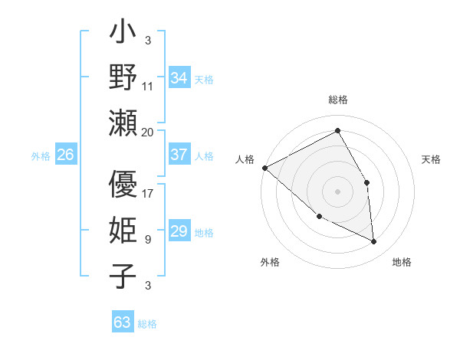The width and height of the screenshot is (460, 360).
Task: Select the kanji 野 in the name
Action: pyautogui.click(x=123, y=77)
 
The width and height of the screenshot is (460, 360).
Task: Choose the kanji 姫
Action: pyautogui.click(x=123, y=231)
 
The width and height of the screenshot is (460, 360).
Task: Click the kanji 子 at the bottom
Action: pyautogui.click(x=123, y=276)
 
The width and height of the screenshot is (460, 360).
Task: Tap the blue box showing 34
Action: pyautogui.click(x=179, y=77)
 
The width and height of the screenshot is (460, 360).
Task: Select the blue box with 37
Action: pyautogui.click(x=179, y=155)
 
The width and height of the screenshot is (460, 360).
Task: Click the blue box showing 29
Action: pyautogui.click(x=179, y=231)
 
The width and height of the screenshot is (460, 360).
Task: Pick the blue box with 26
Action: pyautogui.click(x=65, y=155)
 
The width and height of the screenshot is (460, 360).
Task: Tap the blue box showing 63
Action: pyautogui.click(x=122, y=322)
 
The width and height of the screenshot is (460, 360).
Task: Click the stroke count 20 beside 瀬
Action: pyautogui.click(x=147, y=132)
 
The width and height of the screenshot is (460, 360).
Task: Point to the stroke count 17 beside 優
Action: pyautogui.click(x=148, y=193)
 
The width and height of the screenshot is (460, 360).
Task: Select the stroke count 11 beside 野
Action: pyautogui.click(x=148, y=86)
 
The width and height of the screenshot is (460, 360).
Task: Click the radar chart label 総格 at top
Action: pyautogui.click(x=338, y=100)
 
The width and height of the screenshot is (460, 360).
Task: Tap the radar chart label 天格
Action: pyautogui.click(x=432, y=159)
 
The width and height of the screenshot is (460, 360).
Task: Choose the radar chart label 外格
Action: pyautogui.click(x=270, y=262)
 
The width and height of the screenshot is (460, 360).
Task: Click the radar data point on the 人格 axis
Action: pyautogui.click(x=264, y=168)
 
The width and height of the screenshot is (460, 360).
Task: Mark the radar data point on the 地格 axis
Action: pyautogui.click(x=373, y=242)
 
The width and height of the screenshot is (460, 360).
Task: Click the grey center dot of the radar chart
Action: pyautogui.click(x=338, y=191)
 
